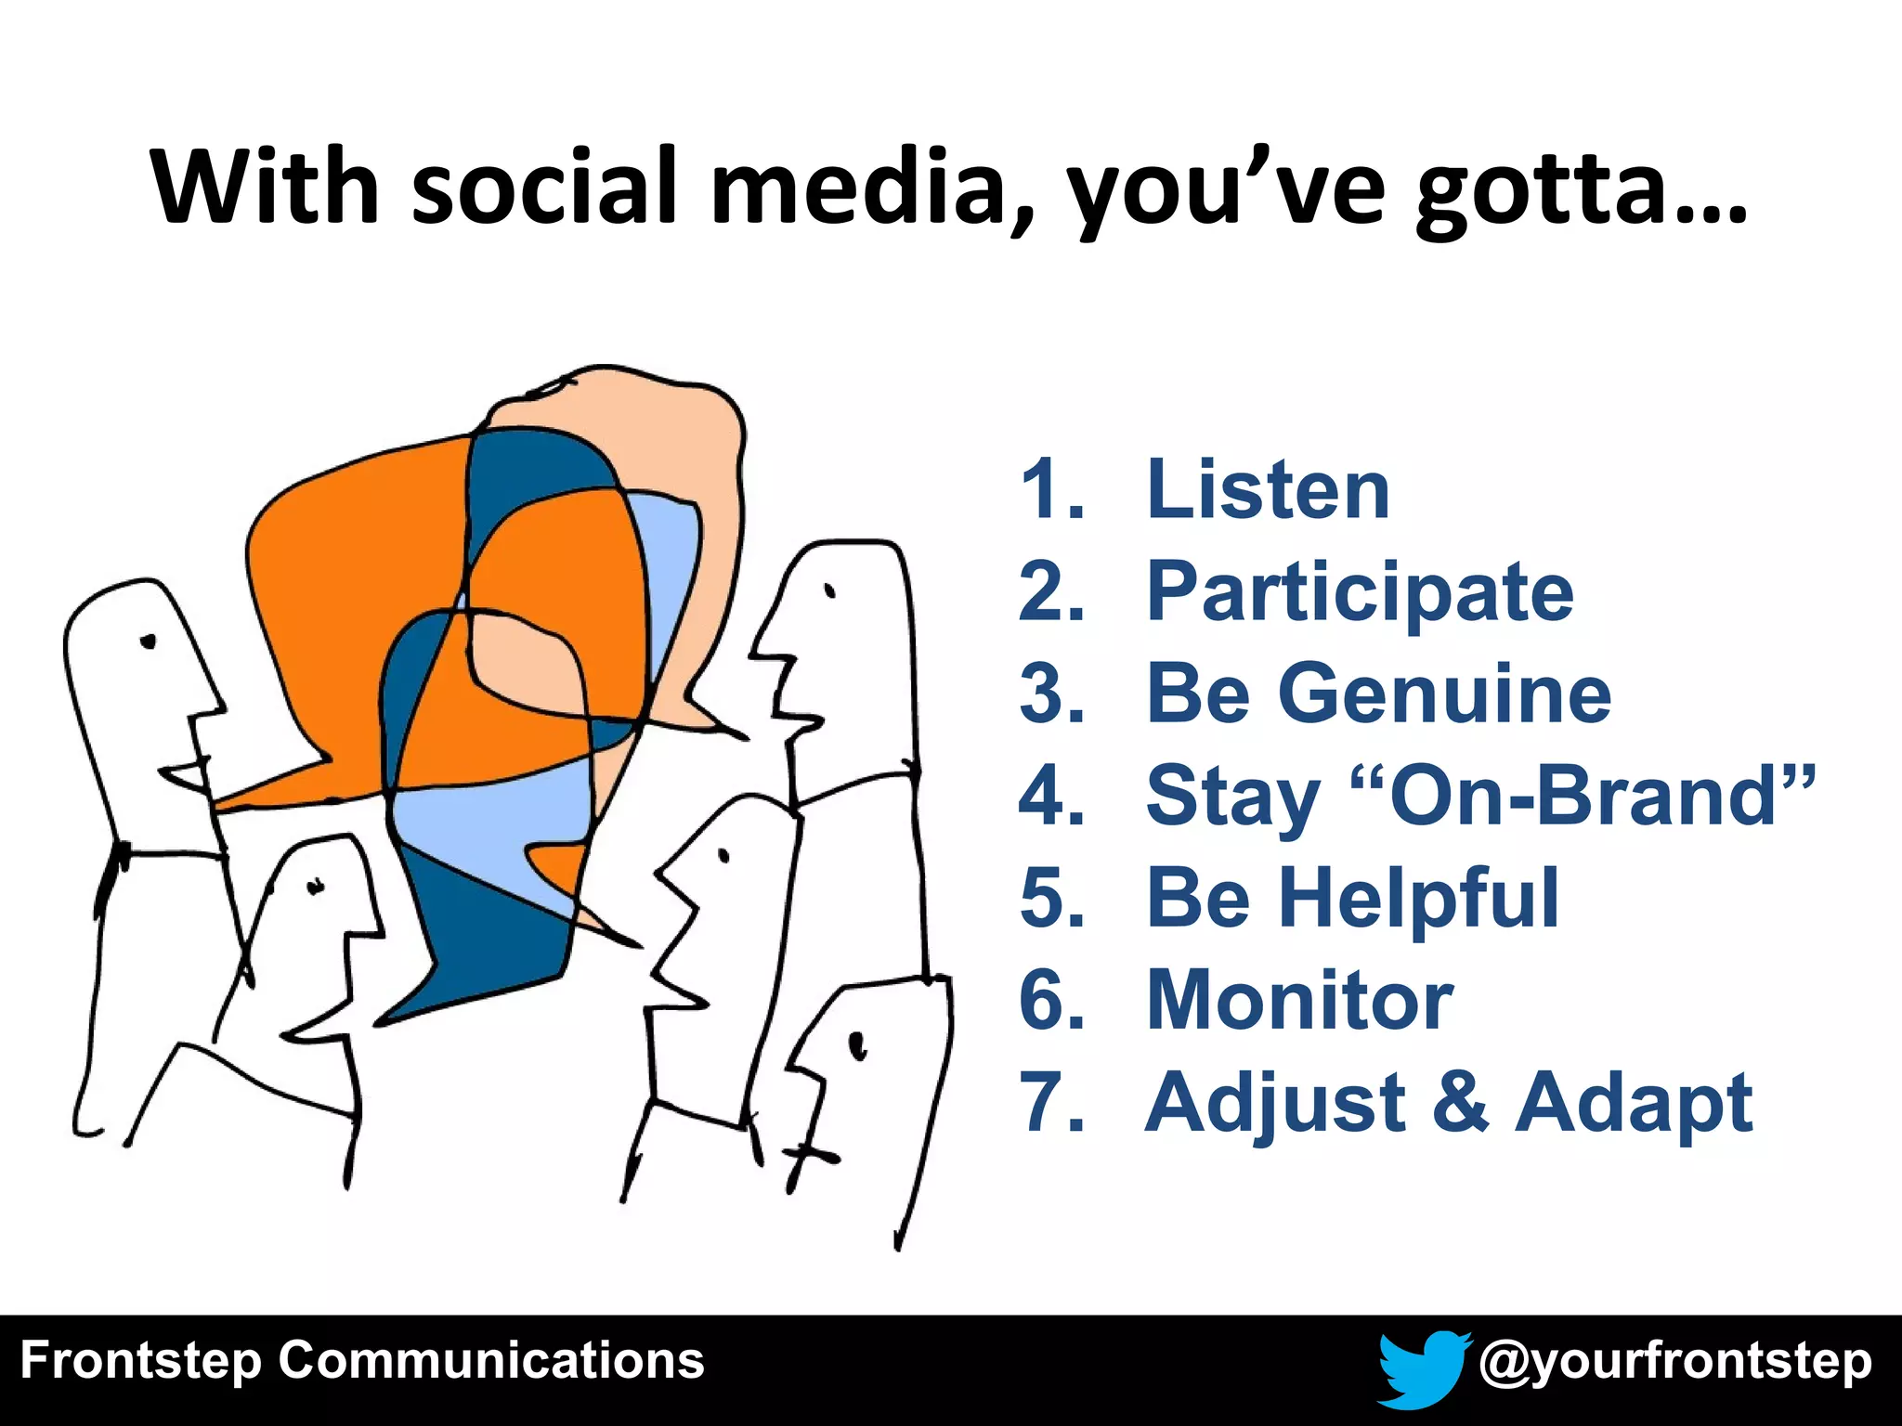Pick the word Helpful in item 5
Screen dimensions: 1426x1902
coord(1418,898)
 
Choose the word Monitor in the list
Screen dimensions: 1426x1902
coord(1299,1000)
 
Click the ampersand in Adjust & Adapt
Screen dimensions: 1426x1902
coord(1461,1102)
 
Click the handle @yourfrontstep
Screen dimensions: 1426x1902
coord(1674,1362)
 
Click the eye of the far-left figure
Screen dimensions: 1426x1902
coord(147,641)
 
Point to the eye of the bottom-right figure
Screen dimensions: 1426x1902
coord(857,1045)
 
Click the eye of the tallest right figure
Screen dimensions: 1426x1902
coord(830,590)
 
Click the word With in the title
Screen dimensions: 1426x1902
coord(265,188)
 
